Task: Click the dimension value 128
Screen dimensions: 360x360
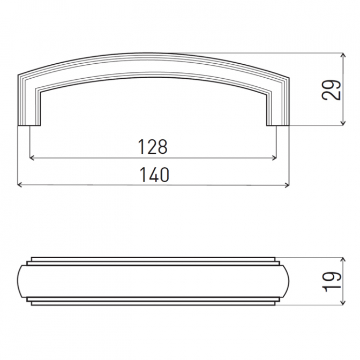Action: [x=153, y=147]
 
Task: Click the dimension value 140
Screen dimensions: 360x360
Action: [x=154, y=175]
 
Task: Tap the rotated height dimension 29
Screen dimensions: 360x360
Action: [x=331, y=90]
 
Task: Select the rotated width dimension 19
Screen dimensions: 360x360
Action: [x=331, y=282]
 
